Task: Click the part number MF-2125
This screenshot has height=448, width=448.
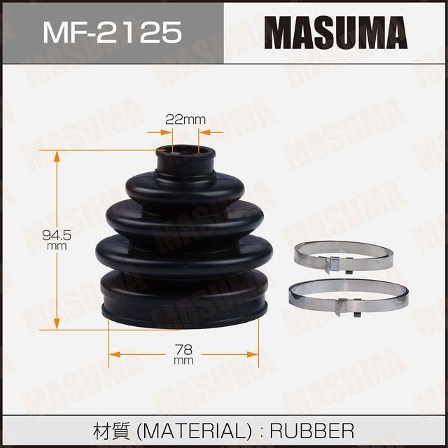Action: click(x=112, y=32)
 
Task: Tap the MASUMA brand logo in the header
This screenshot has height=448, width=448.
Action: click(x=336, y=32)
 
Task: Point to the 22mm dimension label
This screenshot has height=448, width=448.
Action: click(x=185, y=119)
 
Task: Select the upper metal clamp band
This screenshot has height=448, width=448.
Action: click(x=343, y=255)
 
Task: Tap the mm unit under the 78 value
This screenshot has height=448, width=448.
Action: click(x=183, y=360)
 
